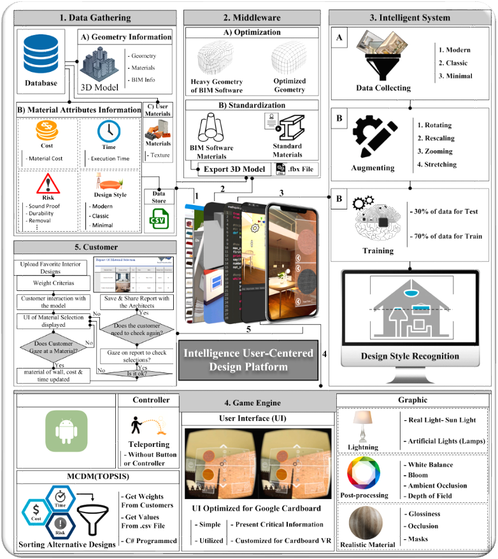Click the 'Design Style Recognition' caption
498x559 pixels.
point(409,356)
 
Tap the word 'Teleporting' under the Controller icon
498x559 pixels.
point(149,444)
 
